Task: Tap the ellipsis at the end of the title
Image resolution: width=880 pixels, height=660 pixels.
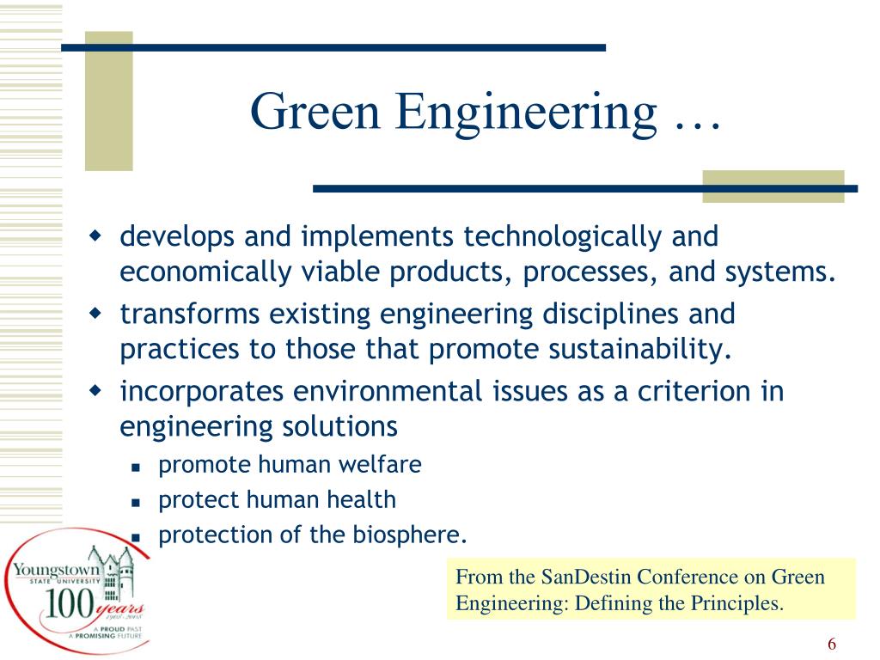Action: tap(694, 120)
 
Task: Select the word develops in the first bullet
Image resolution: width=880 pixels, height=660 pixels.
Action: tap(178, 235)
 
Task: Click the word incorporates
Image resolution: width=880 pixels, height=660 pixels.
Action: tap(203, 392)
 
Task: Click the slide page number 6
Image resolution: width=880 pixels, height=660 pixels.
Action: tap(832, 645)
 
